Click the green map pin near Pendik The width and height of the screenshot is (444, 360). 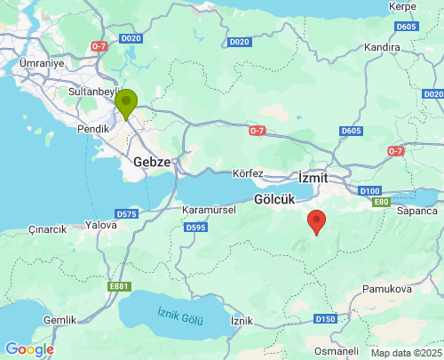[x=126, y=104]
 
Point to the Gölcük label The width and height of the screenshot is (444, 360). [x=274, y=200]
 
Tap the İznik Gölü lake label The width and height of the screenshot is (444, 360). [x=179, y=315]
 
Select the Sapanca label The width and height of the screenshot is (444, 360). [x=417, y=211]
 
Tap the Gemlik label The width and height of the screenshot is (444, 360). [x=59, y=319]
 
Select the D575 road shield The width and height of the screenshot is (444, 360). [x=127, y=214]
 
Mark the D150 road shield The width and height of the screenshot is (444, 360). [x=325, y=318]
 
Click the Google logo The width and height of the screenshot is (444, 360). [x=29, y=349]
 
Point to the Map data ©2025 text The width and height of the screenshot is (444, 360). [x=404, y=353]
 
